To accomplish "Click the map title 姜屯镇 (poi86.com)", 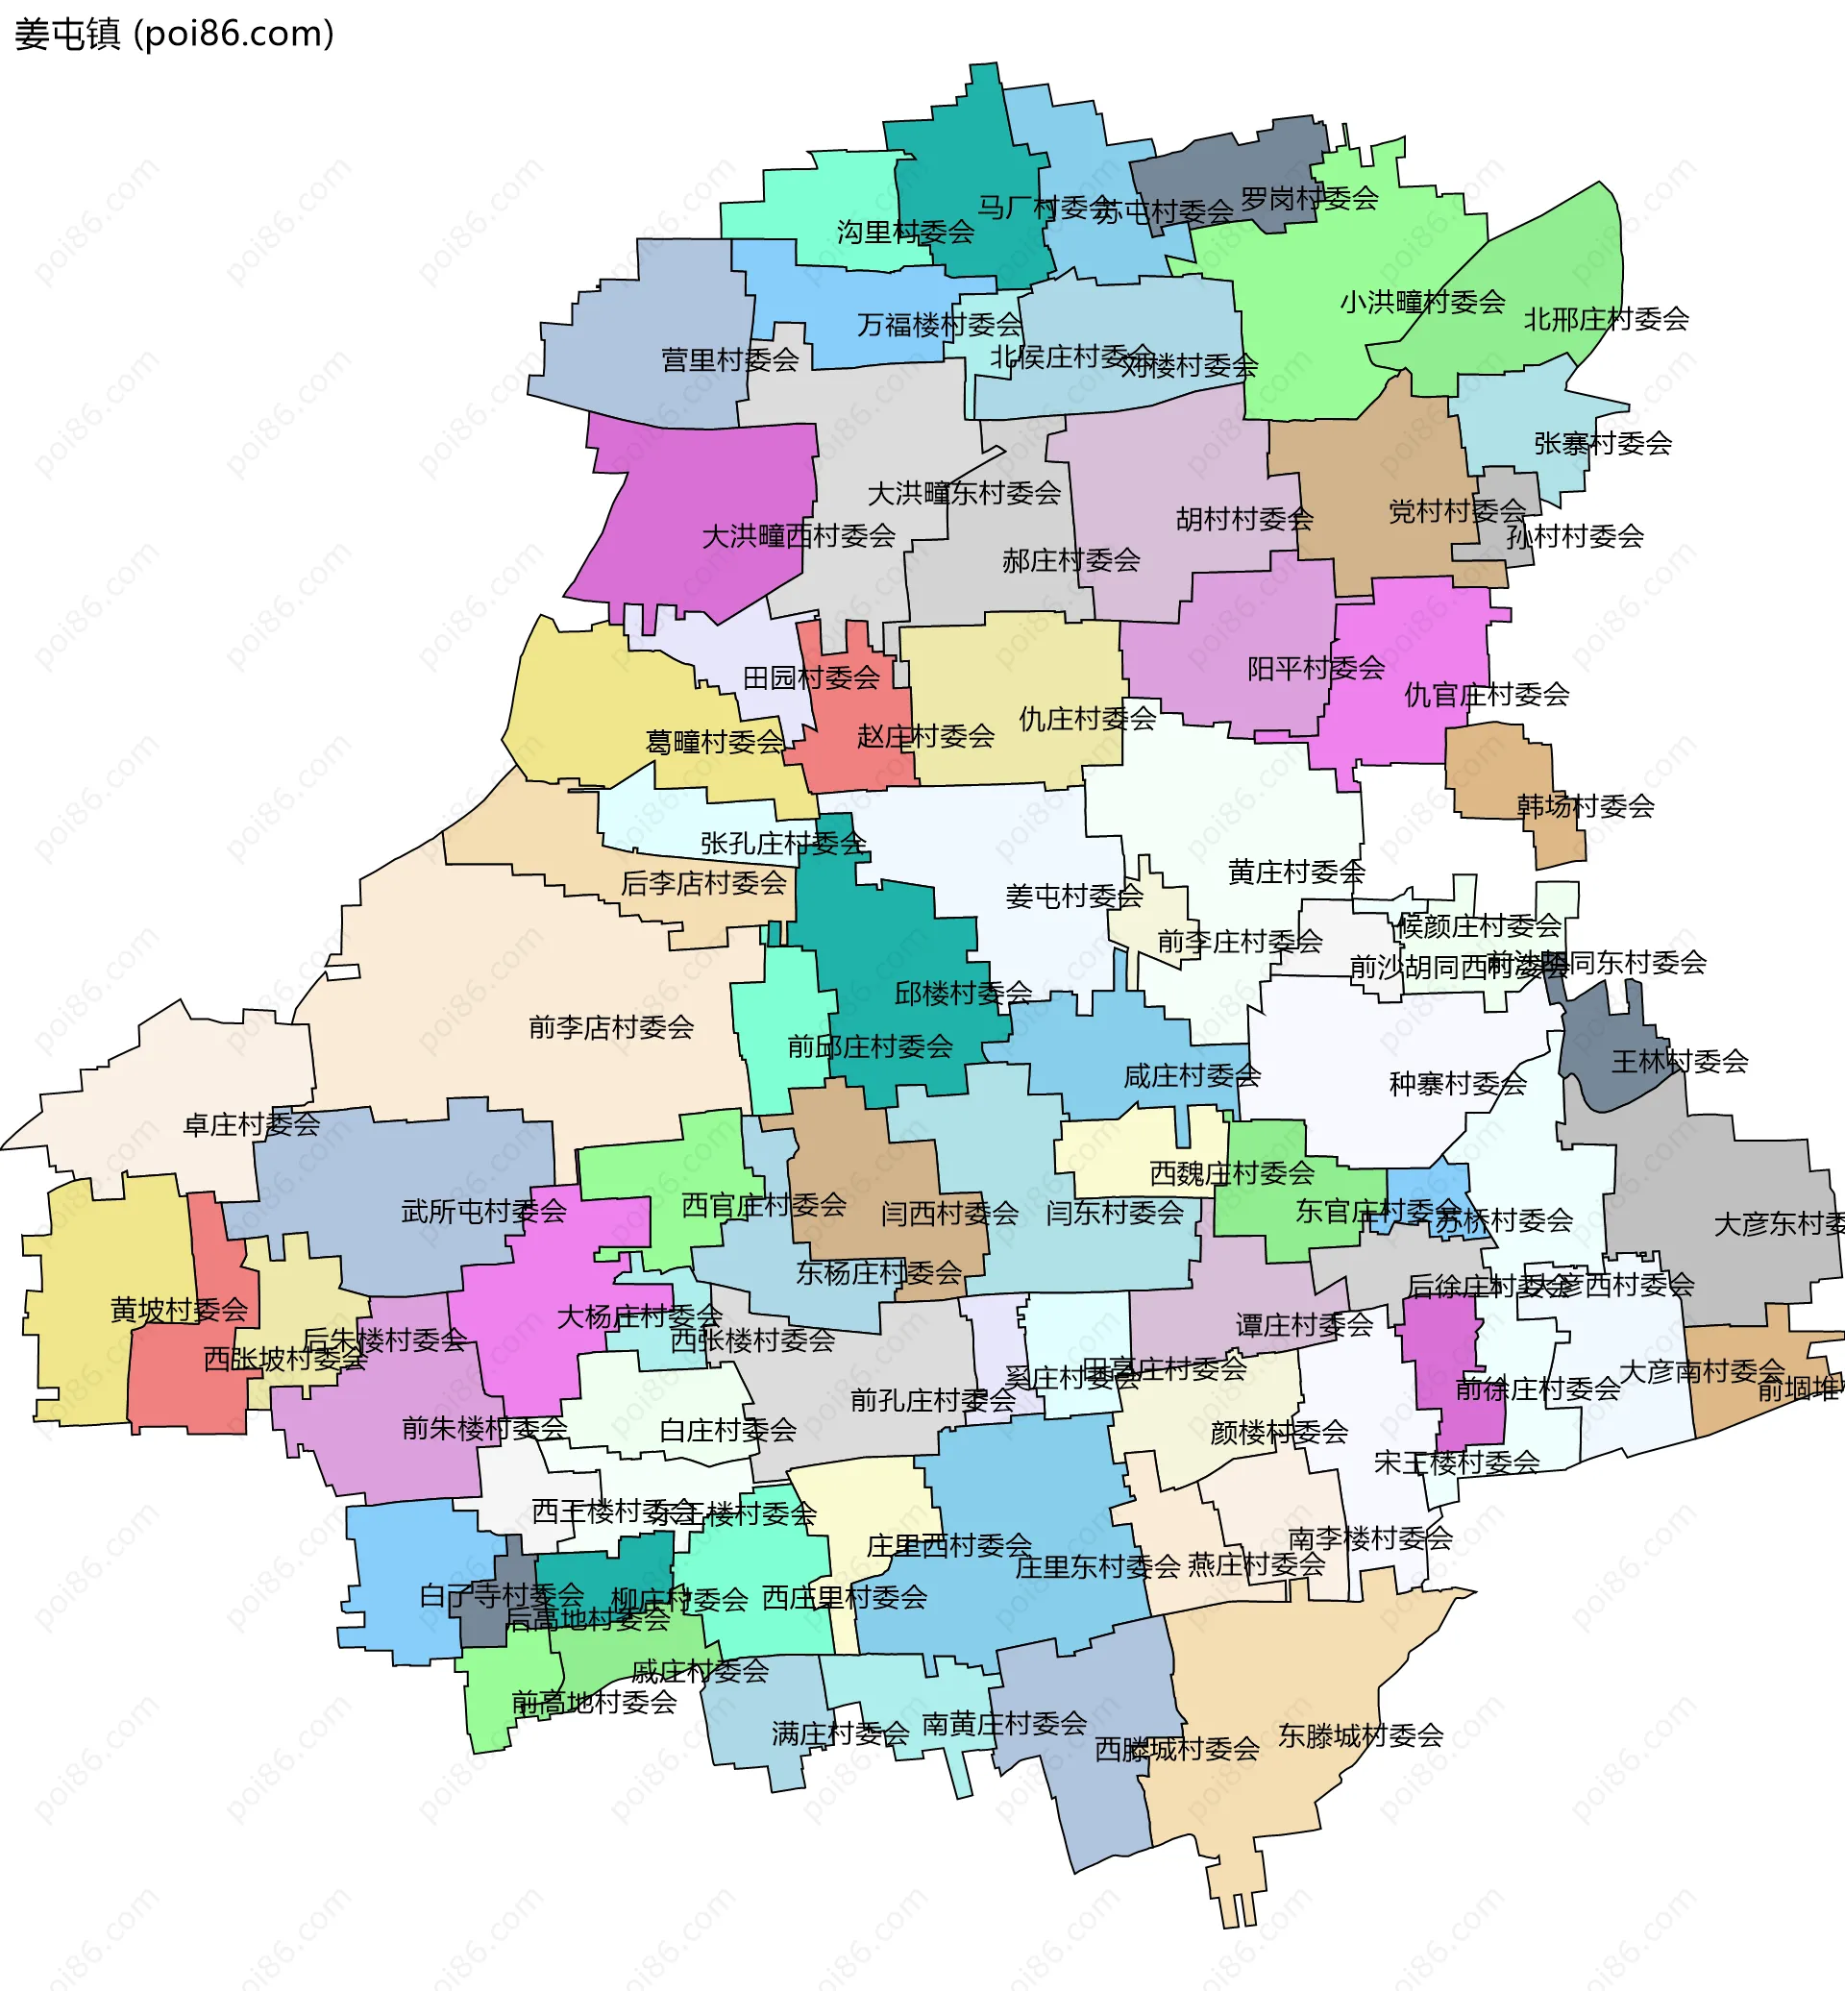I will tap(174, 34).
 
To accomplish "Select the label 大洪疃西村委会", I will tap(799, 536).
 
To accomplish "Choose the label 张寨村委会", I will tap(1603, 443).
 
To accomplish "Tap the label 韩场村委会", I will tap(1586, 806).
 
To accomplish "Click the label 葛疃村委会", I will tap(715, 742).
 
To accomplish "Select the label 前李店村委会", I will tap(611, 1026).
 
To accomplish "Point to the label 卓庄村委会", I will tap(252, 1125).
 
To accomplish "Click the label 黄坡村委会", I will tap(179, 1310).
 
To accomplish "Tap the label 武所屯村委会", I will tap(483, 1212).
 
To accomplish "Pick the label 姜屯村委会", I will tap(1073, 897).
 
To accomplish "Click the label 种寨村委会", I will tap(1458, 1083).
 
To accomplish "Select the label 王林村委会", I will tap(1680, 1062).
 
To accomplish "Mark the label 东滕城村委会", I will tap(1361, 1735).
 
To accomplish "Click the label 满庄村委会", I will tap(840, 1734).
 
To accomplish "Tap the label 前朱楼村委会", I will tap(484, 1429).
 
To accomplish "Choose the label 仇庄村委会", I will tap(1087, 718).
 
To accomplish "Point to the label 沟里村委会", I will tap(905, 233).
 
